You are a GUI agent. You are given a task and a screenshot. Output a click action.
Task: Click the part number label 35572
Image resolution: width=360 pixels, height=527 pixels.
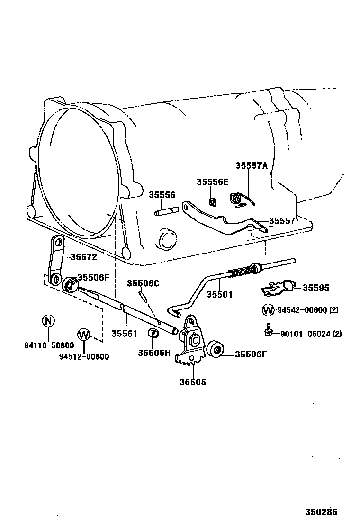[83, 257]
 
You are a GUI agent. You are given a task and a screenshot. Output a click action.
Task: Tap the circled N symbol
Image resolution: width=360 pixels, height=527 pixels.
[49, 321]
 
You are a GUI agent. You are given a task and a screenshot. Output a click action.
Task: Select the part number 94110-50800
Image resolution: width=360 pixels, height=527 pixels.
[49, 345]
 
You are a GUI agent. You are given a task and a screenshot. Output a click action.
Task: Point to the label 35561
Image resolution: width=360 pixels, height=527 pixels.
[125, 334]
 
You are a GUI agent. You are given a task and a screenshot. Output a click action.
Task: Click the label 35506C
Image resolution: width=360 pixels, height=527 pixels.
[143, 283]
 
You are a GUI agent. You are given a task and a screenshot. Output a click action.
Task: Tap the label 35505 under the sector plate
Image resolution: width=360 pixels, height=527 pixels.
[193, 382]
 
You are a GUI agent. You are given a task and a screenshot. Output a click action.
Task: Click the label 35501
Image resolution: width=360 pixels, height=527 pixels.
[220, 294]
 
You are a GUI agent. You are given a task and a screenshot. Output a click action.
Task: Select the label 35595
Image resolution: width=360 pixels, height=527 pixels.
[316, 288]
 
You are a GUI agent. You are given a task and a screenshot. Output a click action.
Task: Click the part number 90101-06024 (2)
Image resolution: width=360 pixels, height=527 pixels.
[310, 334]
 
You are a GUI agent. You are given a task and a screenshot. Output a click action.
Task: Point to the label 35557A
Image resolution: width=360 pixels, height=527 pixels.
[252, 166]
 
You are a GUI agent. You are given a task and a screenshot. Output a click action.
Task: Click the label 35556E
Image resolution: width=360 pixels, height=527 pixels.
[213, 182]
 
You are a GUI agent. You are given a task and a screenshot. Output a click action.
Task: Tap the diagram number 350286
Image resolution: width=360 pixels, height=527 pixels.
[321, 512]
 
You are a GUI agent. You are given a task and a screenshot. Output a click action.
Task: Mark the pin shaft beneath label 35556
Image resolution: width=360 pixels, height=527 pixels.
[166, 211]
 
